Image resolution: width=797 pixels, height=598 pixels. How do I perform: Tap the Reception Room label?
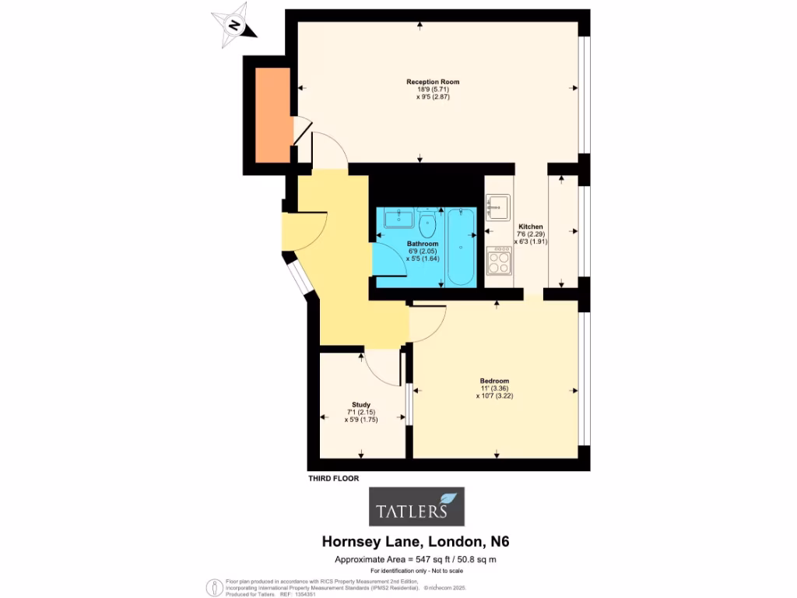(433, 82)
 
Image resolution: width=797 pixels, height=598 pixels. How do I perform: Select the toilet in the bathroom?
(427, 224)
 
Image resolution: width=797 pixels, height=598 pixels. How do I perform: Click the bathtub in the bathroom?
(461, 245)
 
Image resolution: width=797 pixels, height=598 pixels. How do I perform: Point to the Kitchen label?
(531, 227)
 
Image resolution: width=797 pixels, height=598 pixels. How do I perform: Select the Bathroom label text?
(423, 244)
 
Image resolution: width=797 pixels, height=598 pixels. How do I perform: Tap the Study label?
(360, 404)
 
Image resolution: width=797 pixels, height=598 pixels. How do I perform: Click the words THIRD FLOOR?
(333, 479)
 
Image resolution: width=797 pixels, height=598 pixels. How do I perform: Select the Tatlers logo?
(416, 507)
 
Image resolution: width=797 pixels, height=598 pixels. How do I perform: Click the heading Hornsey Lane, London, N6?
(416, 541)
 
